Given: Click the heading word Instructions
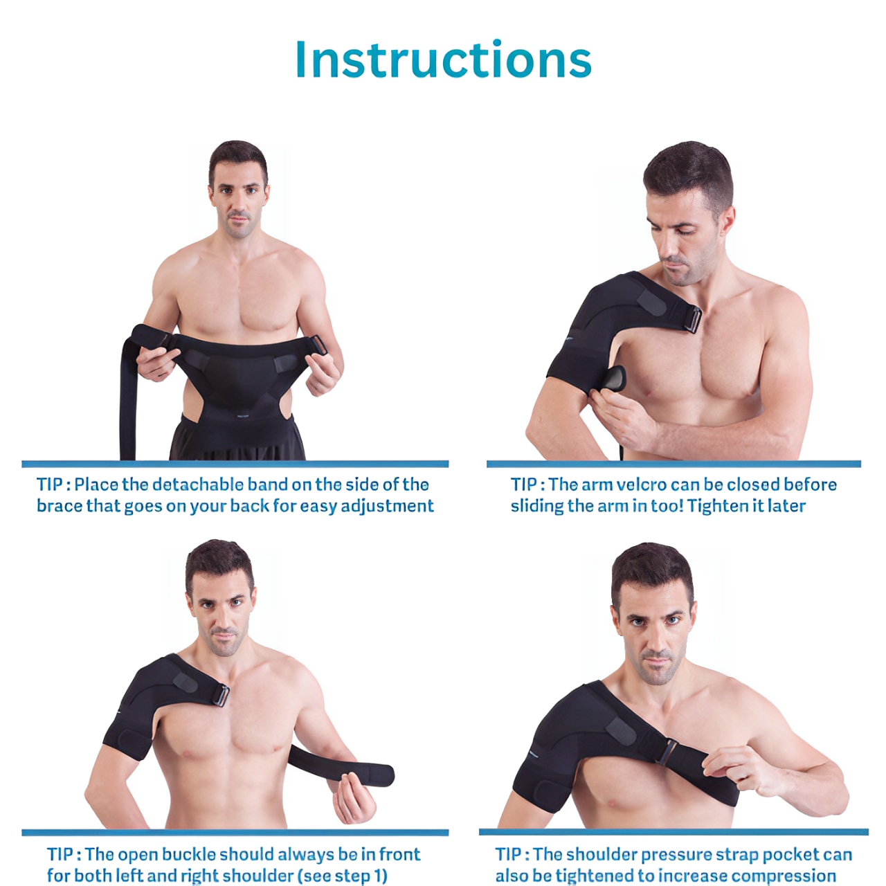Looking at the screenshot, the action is (443, 59).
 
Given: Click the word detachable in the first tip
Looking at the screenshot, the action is (197, 485).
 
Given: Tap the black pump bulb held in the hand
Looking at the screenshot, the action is (615, 378).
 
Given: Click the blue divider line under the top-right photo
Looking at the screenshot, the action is (673, 464).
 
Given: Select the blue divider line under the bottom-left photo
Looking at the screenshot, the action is (235, 833).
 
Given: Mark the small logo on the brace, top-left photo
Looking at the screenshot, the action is (242, 417).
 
